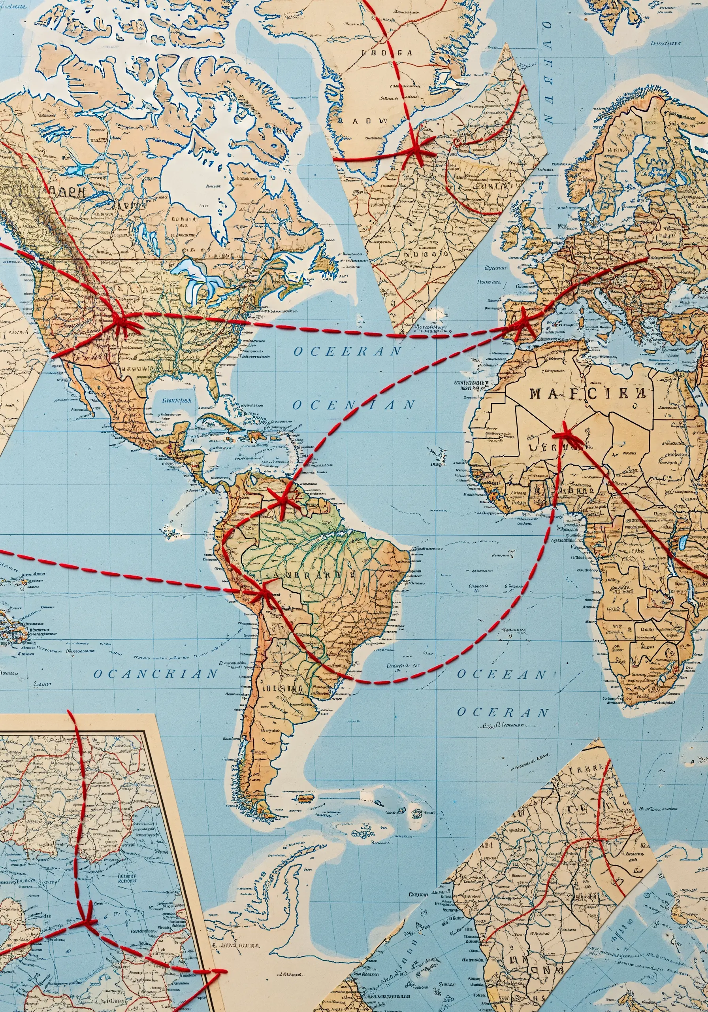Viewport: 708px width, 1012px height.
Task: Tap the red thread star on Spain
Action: [x=523, y=323]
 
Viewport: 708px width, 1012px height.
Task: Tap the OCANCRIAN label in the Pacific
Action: [x=156, y=674]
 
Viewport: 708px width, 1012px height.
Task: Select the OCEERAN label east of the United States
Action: [x=348, y=351]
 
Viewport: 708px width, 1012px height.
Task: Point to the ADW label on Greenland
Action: [x=370, y=120]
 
